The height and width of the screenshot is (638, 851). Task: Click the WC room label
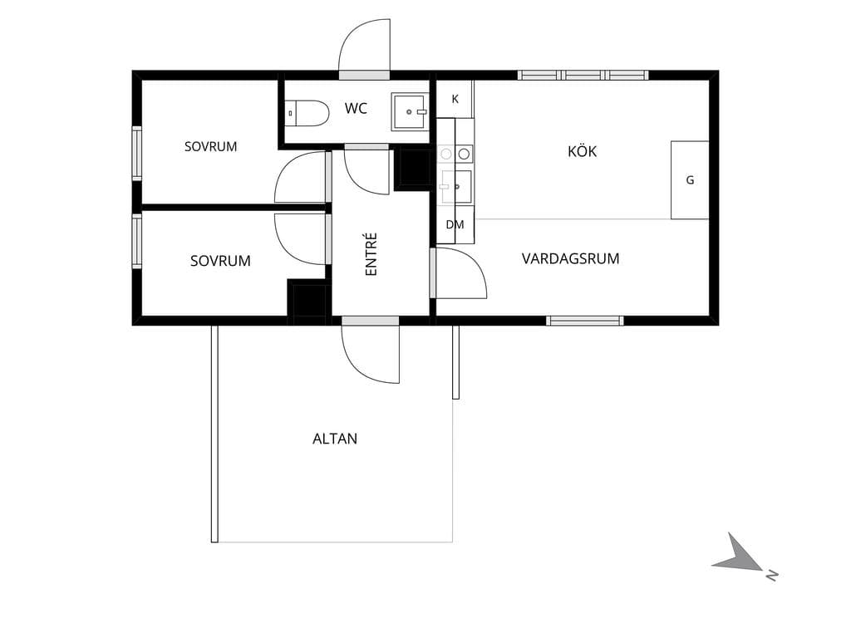(x=356, y=109)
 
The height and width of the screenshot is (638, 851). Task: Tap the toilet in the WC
(x=307, y=113)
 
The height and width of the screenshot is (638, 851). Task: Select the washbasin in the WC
(x=410, y=112)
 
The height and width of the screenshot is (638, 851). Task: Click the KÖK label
(x=582, y=151)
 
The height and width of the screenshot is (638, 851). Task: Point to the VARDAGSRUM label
(x=570, y=259)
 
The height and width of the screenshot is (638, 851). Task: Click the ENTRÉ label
(x=371, y=254)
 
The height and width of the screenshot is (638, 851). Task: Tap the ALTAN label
(x=335, y=439)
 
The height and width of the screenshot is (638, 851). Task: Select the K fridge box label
(x=455, y=99)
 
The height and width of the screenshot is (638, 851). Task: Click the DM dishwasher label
(x=455, y=224)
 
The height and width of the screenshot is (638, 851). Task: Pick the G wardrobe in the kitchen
(x=690, y=180)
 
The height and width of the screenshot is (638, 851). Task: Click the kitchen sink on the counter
(x=456, y=186)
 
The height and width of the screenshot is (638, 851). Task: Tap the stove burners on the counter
(x=455, y=154)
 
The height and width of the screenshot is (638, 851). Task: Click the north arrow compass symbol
(x=740, y=555)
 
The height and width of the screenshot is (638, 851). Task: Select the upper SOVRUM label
(x=210, y=146)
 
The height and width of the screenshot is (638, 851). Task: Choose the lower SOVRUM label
(x=220, y=261)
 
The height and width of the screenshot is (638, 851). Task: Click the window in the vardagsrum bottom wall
(x=584, y=321)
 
